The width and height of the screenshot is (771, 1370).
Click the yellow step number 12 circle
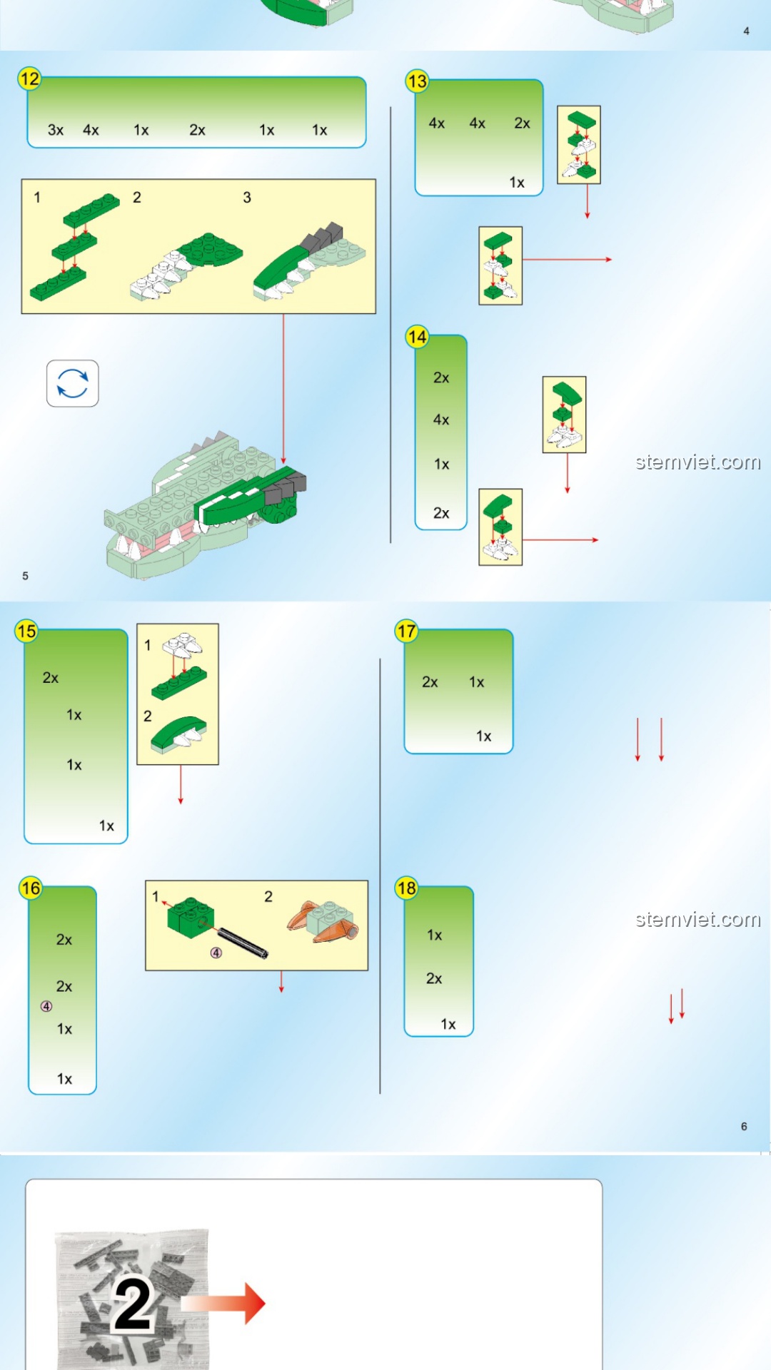click(x=30, y=78)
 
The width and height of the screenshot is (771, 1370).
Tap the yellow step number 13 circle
click(x=417, y=81)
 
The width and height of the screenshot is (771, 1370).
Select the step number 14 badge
click(x=417, y=337)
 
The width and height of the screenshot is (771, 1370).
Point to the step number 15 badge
click(x=26, y=631)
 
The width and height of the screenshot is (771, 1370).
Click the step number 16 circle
click(x=31, y=888)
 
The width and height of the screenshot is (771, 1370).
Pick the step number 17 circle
click(x=407, y=631)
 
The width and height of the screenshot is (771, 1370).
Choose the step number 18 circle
click(x=407, y=888)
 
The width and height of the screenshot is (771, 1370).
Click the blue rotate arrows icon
click(x=73, y=383)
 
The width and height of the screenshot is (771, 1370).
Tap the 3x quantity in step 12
click(x=56, y=130)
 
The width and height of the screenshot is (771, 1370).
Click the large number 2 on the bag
click(x=133, y=1304)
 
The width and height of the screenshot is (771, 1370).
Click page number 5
click(x=26, y=576)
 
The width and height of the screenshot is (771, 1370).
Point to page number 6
click(x=744, y=1126)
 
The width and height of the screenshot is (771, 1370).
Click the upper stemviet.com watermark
click(x=698, y=462)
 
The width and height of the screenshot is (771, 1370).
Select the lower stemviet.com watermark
click(x=698, y=919)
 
